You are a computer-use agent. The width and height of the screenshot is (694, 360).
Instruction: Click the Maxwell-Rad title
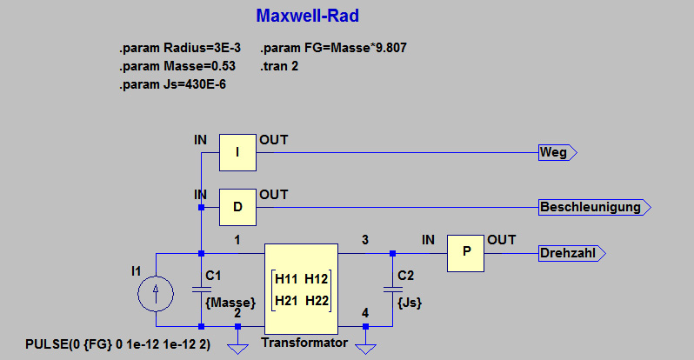tap(307, 16)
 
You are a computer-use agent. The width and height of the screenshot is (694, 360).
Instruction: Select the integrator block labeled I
tap(237, 152)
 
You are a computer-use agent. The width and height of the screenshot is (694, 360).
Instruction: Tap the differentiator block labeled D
tap(237, 207)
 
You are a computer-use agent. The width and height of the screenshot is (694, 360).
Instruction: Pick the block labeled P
tap(465, 253)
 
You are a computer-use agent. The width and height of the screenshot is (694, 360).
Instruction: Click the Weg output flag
tap(557, 152)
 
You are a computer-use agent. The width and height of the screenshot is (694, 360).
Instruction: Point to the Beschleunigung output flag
tap(594, 207)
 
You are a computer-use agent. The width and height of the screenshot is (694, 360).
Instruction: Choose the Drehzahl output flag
tap(572, 253)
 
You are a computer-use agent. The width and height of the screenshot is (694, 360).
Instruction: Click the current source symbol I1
tap(156, 294)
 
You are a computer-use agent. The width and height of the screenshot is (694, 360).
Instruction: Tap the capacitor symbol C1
tap(202, 290)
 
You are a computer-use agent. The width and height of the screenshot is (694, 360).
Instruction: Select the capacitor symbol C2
tap(392, 290)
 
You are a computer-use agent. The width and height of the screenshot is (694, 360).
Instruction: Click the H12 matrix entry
tap(316, 279)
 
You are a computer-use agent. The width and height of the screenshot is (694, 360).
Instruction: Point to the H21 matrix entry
tap(286, 301)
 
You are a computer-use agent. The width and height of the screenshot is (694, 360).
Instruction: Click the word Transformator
tap(304, 343)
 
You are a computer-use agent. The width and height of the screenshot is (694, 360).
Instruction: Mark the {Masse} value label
tap(230, 303)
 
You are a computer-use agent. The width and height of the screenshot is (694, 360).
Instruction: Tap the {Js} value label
tap(410, 303)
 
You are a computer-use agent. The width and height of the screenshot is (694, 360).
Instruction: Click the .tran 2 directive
tap(279, 66)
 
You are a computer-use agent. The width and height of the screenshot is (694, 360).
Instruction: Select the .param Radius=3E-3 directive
tap(180, 48)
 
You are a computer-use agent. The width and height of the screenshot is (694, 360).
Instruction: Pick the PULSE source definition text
tap(117, 344)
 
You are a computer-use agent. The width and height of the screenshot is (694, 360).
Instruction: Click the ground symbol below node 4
tap(365, 349)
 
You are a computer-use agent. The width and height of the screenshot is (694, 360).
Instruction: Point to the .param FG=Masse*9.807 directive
tap(333, 48)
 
